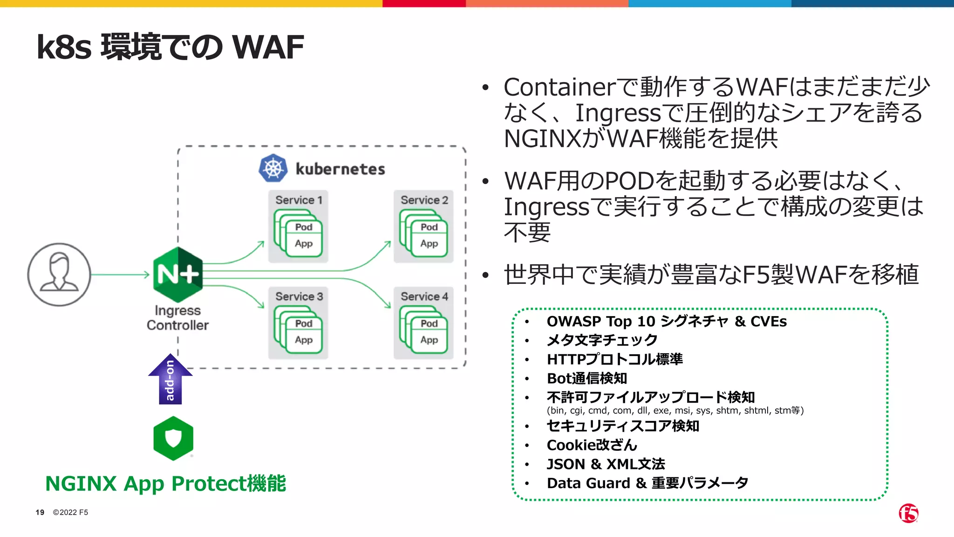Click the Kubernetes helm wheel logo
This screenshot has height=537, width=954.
coord(273,168)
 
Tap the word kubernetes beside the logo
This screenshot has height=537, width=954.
coord(340,169)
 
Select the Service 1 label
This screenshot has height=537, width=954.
coord(299,200)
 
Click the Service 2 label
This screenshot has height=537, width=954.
coord(424,200)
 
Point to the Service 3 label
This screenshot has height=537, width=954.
coord(299,296)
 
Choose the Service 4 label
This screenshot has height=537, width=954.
coord(424,296)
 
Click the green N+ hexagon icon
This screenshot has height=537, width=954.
coord(178,275)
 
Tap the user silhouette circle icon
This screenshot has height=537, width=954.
coord(59,275)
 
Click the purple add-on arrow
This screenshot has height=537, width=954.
coord(170,379)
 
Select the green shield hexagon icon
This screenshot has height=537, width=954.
coord(173,438)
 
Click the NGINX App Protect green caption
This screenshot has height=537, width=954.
coord(165,483)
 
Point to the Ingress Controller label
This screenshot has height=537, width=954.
coord(177,318)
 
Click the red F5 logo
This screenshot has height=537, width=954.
coord(908,513)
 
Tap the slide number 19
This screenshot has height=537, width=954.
coord(40,512)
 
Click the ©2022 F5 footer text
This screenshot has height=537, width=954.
coord(70,512)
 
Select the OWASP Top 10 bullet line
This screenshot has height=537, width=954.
coord(666,322)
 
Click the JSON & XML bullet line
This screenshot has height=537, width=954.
coord(606,464)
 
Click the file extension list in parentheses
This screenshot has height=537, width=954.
coord(675,411)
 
